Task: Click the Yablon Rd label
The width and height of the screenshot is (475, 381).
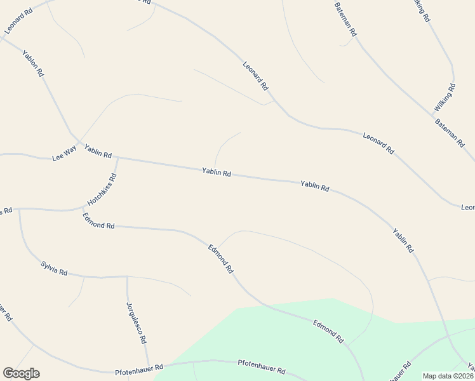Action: (x=32, y=63)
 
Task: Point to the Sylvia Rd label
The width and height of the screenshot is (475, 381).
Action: (x=53, y=268)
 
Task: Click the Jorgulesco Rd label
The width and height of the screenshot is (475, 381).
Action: (x=135, y=323)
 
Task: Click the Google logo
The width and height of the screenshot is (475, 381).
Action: (x=21, y=373)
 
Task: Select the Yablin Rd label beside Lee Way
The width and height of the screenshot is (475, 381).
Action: (x=98, y=150)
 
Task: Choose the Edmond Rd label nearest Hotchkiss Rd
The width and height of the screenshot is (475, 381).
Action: (x=98, y=221)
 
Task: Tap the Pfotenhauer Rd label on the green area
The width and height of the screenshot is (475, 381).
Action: (x=261, y=366)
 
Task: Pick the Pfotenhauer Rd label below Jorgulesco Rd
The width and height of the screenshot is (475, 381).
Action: (x=139, y=368)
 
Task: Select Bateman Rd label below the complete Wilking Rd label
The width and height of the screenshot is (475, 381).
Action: (x=450, y=132)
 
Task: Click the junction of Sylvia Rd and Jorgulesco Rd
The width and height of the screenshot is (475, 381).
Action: (x=127, y=277)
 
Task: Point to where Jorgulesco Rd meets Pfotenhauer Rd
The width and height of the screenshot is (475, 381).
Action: (x=148, y=365)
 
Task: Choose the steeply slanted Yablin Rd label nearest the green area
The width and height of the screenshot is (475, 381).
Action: (x=403, y=241)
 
